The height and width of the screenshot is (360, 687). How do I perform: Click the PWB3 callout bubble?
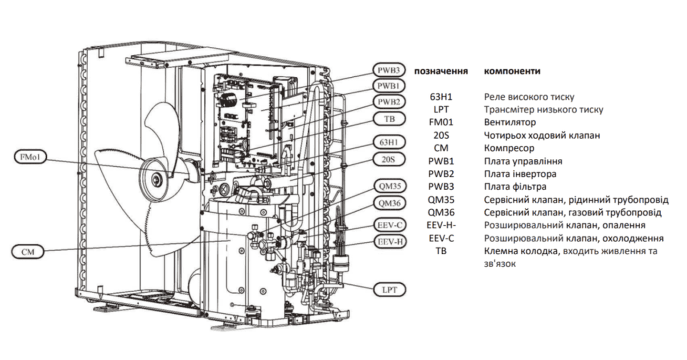(x=388, y=71)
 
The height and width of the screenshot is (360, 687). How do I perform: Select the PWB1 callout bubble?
(x=388, y=86)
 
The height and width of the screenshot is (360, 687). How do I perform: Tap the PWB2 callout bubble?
(x=388, y=102)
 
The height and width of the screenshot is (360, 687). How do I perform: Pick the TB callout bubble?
(x=388, y=119)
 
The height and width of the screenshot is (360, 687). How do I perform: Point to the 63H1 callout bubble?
(x=388, y=143)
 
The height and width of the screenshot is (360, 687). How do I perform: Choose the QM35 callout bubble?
(x=389, y=186)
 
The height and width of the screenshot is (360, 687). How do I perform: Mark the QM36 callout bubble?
(x=389, y=204)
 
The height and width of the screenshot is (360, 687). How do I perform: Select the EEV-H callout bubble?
(x=389, y=241)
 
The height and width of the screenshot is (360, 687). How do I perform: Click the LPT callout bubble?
(x=389, y=289)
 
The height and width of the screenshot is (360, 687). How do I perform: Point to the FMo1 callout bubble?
(x=30, y=157)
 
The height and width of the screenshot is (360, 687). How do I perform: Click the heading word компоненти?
(x=512, y=71)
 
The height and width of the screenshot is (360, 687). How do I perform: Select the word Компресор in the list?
(x=509, y=148)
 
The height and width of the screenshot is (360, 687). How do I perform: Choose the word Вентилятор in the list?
(x=510, y=123)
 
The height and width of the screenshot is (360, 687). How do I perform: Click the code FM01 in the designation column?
(x=441, y=123)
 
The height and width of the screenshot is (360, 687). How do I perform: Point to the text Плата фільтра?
(x=515, y=187)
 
